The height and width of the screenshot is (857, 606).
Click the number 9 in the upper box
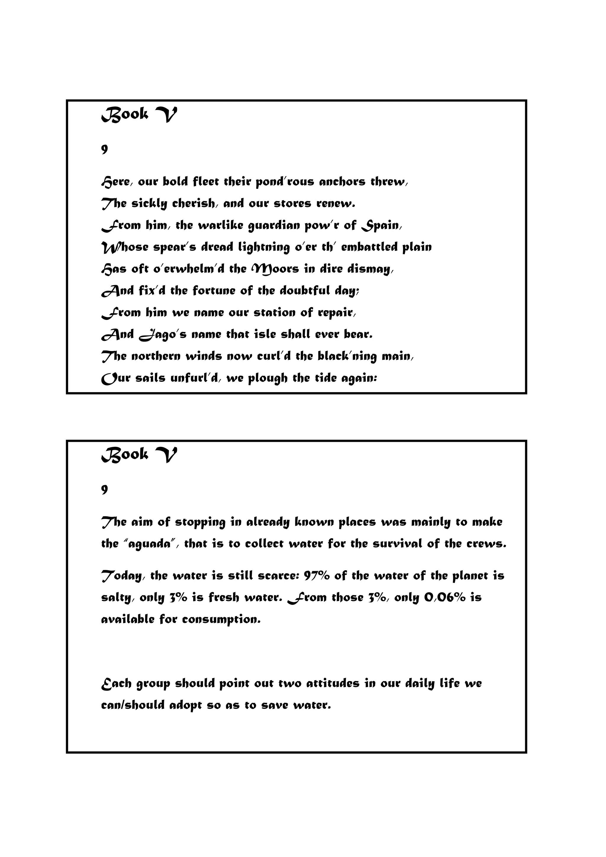pyautogui.click(x=104, y=149)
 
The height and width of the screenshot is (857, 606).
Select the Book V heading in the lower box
pyautogui.click(x=139, y=455)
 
